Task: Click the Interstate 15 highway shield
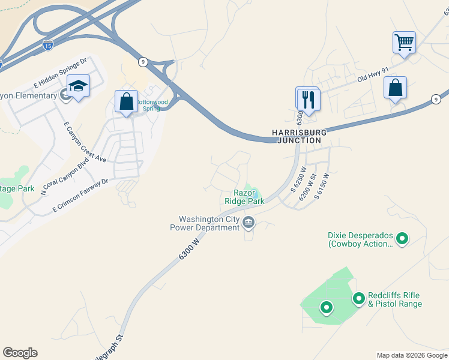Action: pyautogui.click(x=48, y=44)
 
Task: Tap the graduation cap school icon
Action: pyautogui.click(x=78, y=87)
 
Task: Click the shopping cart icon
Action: pyautogui.click(x=404, y=43)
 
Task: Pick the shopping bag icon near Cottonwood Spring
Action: pyautogui.click(x=126, y=102)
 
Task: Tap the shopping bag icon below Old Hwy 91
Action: pyautogui.click(x=395, y=88)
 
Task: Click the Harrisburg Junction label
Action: pyautogui.click(x=299, y=136)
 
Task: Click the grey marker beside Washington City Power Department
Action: pyautogui.click(x=249, y=224)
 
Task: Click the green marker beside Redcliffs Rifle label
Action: pyautogui.click(x=359, y=298)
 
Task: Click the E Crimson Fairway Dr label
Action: pyautogui.click(x=80, y=193)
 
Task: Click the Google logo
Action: pyautogui.click(x=20, y=353)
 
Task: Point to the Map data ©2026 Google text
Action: pyautogui.click(x=412, y=355)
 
